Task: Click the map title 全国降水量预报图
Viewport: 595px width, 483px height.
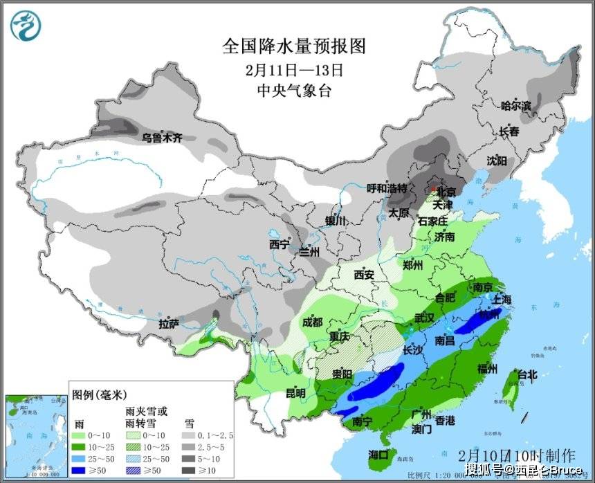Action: click(293, 46)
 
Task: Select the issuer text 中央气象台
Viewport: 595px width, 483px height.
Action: click(293, 91)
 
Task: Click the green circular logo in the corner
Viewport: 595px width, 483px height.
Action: click(26, 26)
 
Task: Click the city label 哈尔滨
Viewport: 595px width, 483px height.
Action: click(516, 106)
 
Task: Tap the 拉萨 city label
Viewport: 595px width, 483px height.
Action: click(169, 323)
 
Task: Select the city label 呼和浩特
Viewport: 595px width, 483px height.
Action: click(386, 188)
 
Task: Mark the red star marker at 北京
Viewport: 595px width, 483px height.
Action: click(434, 188)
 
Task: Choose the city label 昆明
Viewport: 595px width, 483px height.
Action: click(295, 393)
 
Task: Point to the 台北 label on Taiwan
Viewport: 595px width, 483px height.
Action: click(527, 374)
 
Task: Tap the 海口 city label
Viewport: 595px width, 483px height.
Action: click(378, 454)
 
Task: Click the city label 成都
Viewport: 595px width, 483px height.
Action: click(312, 322)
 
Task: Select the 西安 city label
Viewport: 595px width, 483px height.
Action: click(364, 275)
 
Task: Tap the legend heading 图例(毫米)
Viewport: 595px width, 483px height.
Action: click(99, 395)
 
